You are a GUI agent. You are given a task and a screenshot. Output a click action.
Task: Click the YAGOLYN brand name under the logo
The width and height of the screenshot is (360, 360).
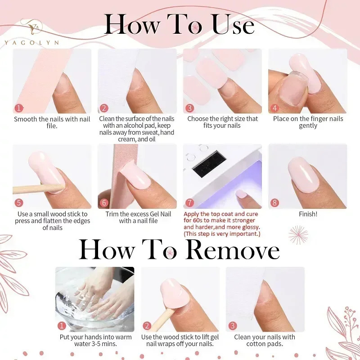click(x=31, y=42)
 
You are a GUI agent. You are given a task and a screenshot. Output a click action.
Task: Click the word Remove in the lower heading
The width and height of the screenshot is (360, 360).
click(x=233, y=250)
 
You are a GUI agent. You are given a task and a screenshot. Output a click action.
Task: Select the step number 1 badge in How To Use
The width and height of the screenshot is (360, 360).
click(x=19, y=108)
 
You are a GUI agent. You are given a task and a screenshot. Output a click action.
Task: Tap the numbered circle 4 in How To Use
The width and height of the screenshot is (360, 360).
click(x=275, y=108)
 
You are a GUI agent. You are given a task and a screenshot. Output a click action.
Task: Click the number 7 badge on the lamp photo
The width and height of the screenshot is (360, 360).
click(x=189, y=203)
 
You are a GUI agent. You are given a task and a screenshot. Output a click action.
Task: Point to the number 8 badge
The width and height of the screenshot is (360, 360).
click(x=275, y=203)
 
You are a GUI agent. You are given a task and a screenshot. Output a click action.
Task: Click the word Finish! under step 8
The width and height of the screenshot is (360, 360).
click(x=308, y=214)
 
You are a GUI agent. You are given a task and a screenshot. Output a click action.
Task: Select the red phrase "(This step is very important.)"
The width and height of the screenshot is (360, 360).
click(x=222, y=234)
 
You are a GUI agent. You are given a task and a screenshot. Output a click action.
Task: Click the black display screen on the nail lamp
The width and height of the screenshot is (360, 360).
click(x=209, y=164)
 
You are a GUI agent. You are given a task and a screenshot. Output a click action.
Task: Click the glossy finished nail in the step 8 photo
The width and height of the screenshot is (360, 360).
click(x=303, y=175)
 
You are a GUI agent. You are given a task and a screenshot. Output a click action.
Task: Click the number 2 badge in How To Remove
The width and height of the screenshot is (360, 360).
click(x=147, y=325)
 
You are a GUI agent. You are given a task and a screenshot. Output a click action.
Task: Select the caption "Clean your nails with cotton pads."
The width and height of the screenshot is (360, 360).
click(x=265, y=340)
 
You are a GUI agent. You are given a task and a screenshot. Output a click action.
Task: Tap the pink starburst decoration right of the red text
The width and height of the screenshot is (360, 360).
click(x=298, y=235)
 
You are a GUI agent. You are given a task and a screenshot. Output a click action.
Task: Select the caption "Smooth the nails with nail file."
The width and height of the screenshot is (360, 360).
click(x=52, y=122)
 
